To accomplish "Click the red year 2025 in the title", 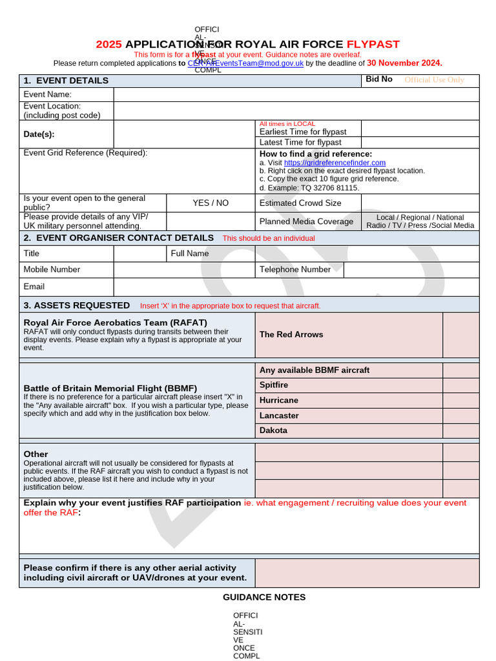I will pyautogui.click(x=108, y=45).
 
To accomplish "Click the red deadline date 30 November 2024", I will pyautogui.click(x=404, y=63).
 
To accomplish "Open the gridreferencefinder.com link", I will pyautogui.click(x=335, y=163).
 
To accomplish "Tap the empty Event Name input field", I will pyautogui.click(x=296, y=94).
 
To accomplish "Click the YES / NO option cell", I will pyautogui.click(x=211, y=203).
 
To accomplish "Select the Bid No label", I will pyautogui.click(x=379, y=79).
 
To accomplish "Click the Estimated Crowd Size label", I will pyautogui.click(x=300, y=203).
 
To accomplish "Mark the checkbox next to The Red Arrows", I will pyautogui.click(x=460, y=334).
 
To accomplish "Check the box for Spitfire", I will pyautogui.click(x=460, y=385).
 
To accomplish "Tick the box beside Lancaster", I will pyautogui.click(x=460, y=416).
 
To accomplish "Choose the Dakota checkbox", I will pyautogui.click(x=460, y=431).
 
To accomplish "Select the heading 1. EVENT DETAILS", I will pyautogui.click(x=66, y=81).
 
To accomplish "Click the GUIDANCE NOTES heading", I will pyautogui.click(x=264, y=597).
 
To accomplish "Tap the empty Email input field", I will pyautogui.click(x=296, y=287).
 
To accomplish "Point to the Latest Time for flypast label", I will pyautogui.click(x=300, y=142).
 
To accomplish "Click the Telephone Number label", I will pyautogui.click(x=295, y=269).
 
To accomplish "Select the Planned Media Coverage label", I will pyautogui.click(x=306, y=221).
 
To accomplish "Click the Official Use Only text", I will pyautogui.click(x=434, y=80).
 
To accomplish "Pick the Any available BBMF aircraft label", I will pyautogui.click(x=315, y=370).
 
